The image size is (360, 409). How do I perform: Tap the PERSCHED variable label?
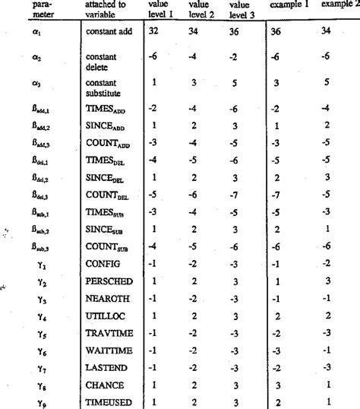pyautogui.click(x=109, y=281)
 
